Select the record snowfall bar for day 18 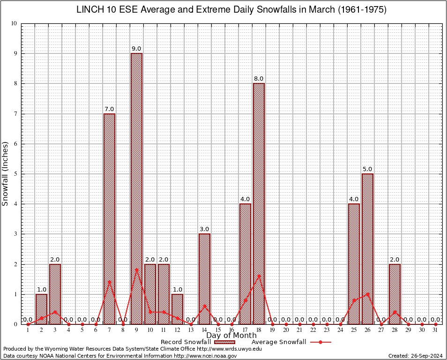(x=259, y=203)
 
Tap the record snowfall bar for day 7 (x=109, y=218)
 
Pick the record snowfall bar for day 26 (x=368, y=248)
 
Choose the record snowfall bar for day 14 (x=204, y=278)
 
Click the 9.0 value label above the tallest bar (x=136, y=49)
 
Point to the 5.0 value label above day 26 (x=368, y=169)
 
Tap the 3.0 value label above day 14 (x=204, y=229)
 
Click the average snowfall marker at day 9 (x=136, y=270)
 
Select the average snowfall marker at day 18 (x=259, y=276)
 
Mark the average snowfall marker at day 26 (x=368, y=294)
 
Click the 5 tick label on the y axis (x=15, y=174)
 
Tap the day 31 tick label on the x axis (x=436, y=330)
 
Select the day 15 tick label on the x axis (x=218, y=330)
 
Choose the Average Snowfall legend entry (x=291, y=342)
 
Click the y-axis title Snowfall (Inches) (x=5, y=173)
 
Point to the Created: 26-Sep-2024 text (x=416, y=356)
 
